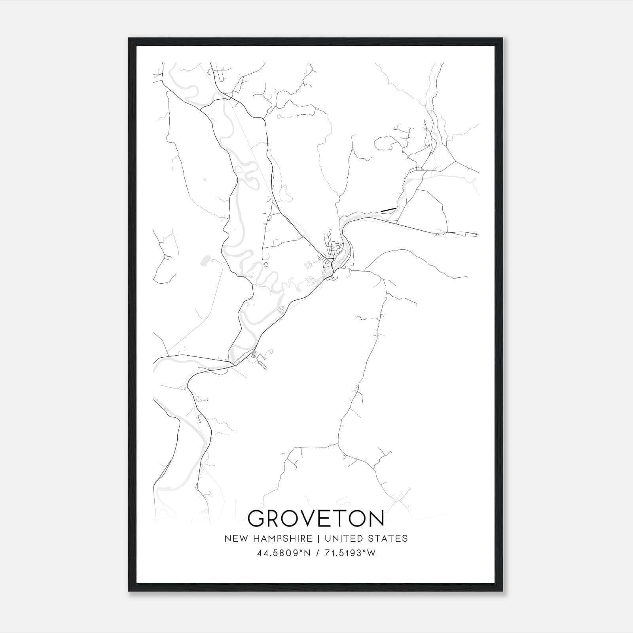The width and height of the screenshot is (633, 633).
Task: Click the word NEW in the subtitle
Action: [x=234, y=538]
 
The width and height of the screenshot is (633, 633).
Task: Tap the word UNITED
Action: [x=342, y=538]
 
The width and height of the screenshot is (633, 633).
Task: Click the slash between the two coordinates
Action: [x=316, y=553]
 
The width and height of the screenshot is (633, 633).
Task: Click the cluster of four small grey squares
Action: [x=307, y=265]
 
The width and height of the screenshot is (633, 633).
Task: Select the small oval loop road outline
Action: [x=266, y=264]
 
